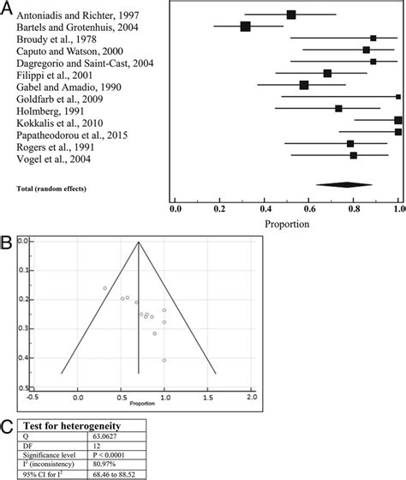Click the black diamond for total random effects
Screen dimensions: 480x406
click(x=344, y=184)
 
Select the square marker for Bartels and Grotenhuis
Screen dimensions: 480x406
click(x=246, y=27)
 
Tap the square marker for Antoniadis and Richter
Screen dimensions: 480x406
click(x=291, y=15)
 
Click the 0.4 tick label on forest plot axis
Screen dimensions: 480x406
click(x=265, y=208)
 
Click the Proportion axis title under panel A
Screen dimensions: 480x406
click(x=286, y=225)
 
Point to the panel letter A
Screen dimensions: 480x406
click(x=7, y=8)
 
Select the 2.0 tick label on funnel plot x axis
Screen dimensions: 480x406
click(x=251, y=398)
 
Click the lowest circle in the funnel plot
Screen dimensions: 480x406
click(x=164, y=360)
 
